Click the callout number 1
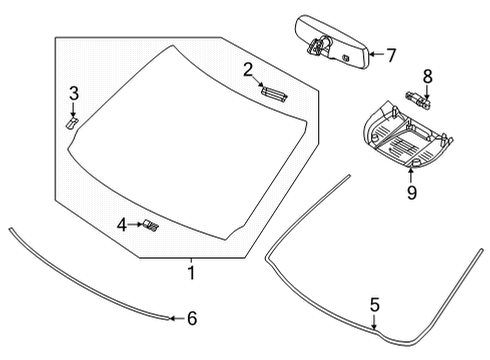pos(190,271)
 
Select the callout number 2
pos(246,69)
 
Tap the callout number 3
pos(73,94)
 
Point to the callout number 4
pos(122,225)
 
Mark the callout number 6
pos(192,318)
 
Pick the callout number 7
pos(391,54)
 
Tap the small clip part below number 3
pos(72,120)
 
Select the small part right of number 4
pos(151,225)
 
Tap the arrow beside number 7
pos(373,54)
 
